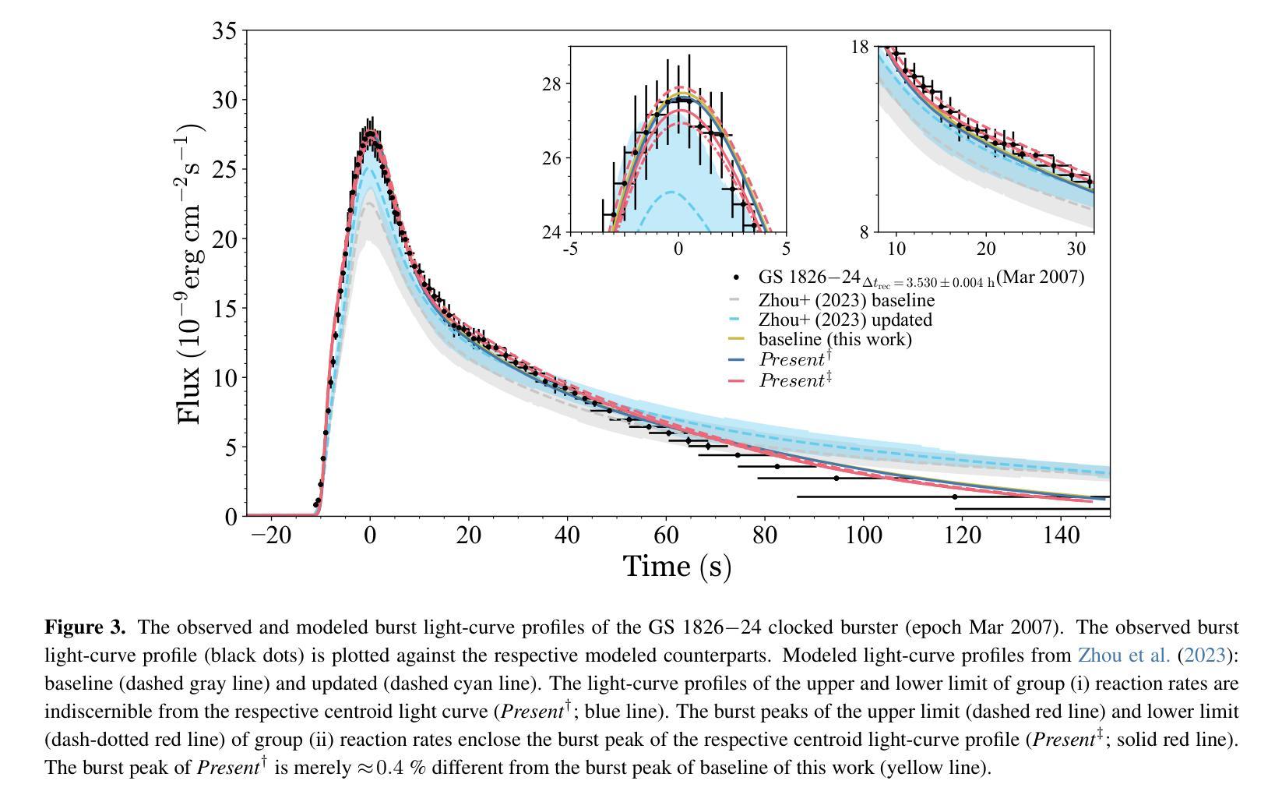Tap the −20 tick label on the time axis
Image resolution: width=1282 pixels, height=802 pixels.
[270, 535]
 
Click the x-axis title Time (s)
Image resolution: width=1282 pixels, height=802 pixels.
[677, 566]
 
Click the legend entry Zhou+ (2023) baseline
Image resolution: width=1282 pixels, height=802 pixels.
[847, 300]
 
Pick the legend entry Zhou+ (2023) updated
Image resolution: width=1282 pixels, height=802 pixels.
[845, 320]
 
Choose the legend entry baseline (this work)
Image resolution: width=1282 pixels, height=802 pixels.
[835, 339]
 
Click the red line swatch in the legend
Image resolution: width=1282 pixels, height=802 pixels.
[736, 380]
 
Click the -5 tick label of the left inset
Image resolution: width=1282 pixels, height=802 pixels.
[570, 249]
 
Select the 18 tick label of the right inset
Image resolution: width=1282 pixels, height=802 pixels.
[859, 47]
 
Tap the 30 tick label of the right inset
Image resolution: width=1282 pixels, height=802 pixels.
[1076, 249]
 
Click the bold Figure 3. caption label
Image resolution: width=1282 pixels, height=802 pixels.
[85, 627]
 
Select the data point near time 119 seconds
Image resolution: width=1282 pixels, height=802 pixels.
[954, 496]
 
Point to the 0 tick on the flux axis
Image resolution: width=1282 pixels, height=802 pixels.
[231, 516]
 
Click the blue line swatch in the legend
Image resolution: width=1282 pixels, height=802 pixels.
[736, 359]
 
